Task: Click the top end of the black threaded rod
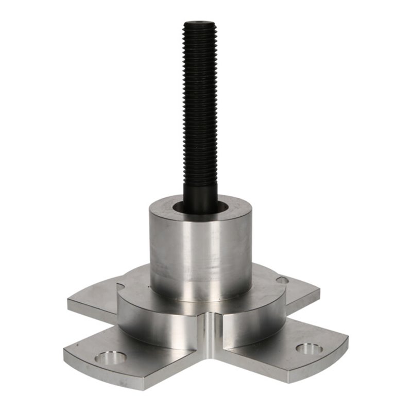(x=200, y=24)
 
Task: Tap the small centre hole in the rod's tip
(x=200, y=23)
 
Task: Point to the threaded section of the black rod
(x=200, y=103)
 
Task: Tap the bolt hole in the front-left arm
(x=111, y=356)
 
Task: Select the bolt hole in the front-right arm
(x=309, y=349)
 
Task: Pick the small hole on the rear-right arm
(x=282, y=281)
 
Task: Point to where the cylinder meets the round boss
(x=201, y=298)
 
